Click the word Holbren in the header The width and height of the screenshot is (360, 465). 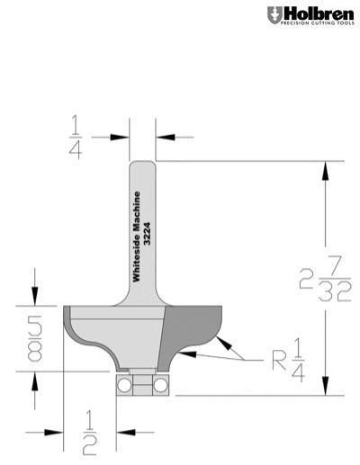310,13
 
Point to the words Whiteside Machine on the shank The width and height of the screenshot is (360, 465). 138,237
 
